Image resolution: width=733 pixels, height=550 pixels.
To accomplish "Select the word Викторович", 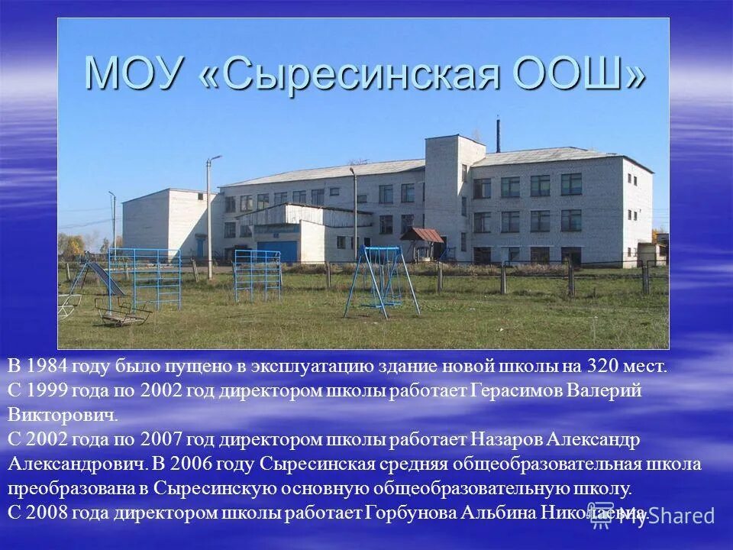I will [x=63, y=416].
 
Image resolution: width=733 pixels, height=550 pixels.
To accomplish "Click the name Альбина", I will [x=497, y=513].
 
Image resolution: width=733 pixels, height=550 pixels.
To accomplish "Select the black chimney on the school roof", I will [x=498, y=135].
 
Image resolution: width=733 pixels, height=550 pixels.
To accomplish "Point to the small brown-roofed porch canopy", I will [x=421, y=235].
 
